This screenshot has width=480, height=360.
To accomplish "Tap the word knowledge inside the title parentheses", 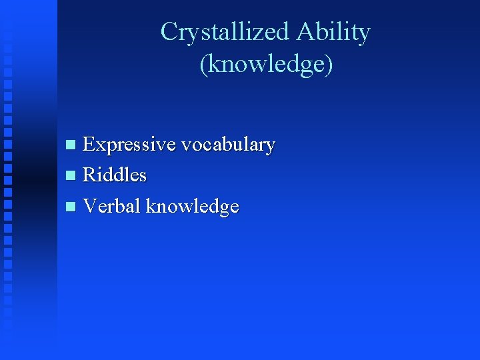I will [x=265, y=64].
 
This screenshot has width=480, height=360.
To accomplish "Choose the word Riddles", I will [x=114, y=175].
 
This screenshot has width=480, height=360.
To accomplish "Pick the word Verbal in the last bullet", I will [x=111, y=207].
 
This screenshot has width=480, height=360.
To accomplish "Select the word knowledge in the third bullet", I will [x=192, y=207].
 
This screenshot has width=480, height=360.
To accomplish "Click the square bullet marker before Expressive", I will [x=72, y=145].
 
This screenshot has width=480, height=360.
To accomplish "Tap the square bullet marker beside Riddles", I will [x=72, y=176].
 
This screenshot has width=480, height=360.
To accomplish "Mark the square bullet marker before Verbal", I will [x=72, y=207].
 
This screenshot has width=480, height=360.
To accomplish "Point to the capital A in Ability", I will [x=305, y=32].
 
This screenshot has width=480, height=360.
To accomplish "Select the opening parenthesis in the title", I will [x=203, y=65].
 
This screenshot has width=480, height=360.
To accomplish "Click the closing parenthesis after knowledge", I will [x=328, y=65].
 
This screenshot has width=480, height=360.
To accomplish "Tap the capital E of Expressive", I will [x=89, y=144].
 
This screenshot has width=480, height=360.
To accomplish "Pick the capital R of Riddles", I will [x=89, y=175].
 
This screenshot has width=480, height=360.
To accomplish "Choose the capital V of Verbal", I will [x=90, y=207].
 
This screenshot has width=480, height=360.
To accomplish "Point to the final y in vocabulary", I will [x=271, y=147].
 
